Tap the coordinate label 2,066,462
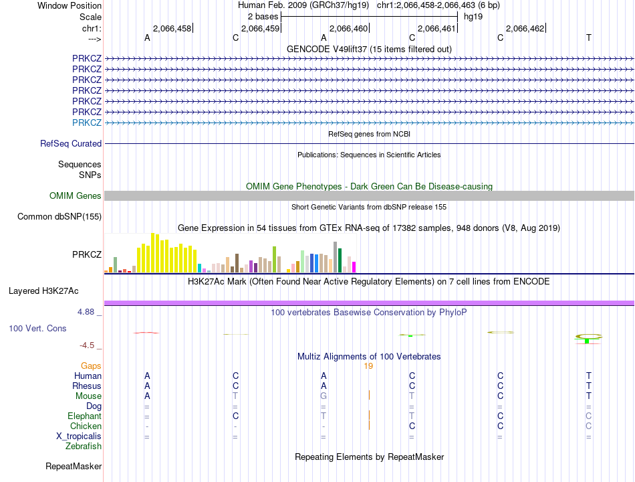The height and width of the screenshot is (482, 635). tap(525, 28)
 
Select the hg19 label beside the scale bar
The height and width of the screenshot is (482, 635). tap(473, 16)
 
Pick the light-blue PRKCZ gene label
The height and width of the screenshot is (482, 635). tap(87, 123)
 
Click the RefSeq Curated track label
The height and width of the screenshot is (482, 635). tap(71, 143)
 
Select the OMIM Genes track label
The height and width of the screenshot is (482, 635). tap(76, 196)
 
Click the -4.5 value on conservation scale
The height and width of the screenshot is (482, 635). tap(89, 345)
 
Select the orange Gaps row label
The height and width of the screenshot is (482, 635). tap(91, 366)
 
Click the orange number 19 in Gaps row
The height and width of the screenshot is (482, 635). tap(368, 366)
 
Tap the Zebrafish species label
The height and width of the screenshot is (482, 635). tap(84, 447)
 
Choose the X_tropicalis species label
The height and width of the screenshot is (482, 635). tap(79, 436)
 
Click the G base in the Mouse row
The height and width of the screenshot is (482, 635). tap(324, 396)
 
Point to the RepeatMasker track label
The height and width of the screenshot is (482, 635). tap(74, 466)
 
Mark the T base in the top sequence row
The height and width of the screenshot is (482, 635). tap(588, 38)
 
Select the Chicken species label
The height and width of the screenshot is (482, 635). tap(86, 426)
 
